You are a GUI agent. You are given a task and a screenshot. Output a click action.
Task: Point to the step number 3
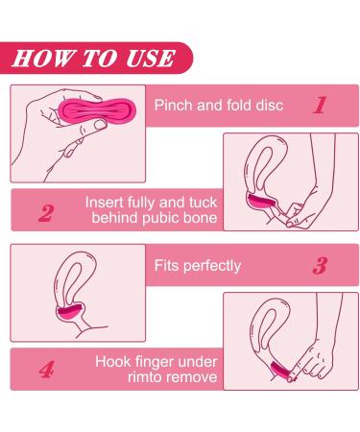[x=320, y=266]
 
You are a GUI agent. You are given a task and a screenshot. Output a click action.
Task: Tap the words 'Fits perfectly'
[x=197, y=266]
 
